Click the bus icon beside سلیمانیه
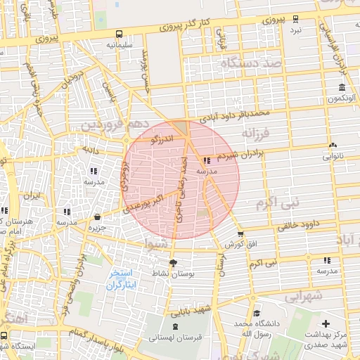coord(119,33)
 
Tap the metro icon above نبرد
coord(295,20)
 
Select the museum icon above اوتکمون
coord(342,88)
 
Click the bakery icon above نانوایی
coord(331,146)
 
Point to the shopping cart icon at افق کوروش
coord(241,234)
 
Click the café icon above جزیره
coord(96,217)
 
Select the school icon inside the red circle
coord(206,160)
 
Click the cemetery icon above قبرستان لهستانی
coord(175,326)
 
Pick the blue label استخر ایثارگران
coord(124,279)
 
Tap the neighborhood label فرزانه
coord(256,132)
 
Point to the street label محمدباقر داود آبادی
coord(235,113)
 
